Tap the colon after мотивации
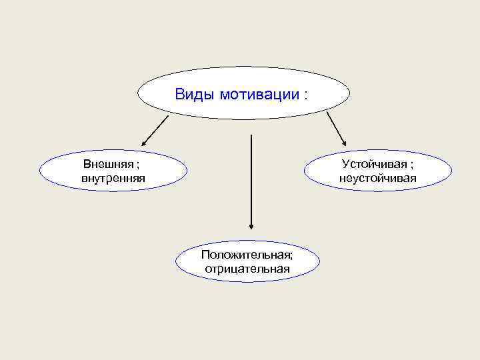click(x=306, y=95)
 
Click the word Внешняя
click(x=108, y=164)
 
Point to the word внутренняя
click(x=113, y=178)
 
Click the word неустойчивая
click(x=377, y=178)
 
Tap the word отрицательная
click(x=247, y=269)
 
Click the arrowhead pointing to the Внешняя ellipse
click(x=144, y=142)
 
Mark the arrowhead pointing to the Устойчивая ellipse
click(x=343, y=141)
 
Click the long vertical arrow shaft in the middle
click(x=251, y=180)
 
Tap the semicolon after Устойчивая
click(x=411, y=165)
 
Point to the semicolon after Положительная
click(x=291, y=255)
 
